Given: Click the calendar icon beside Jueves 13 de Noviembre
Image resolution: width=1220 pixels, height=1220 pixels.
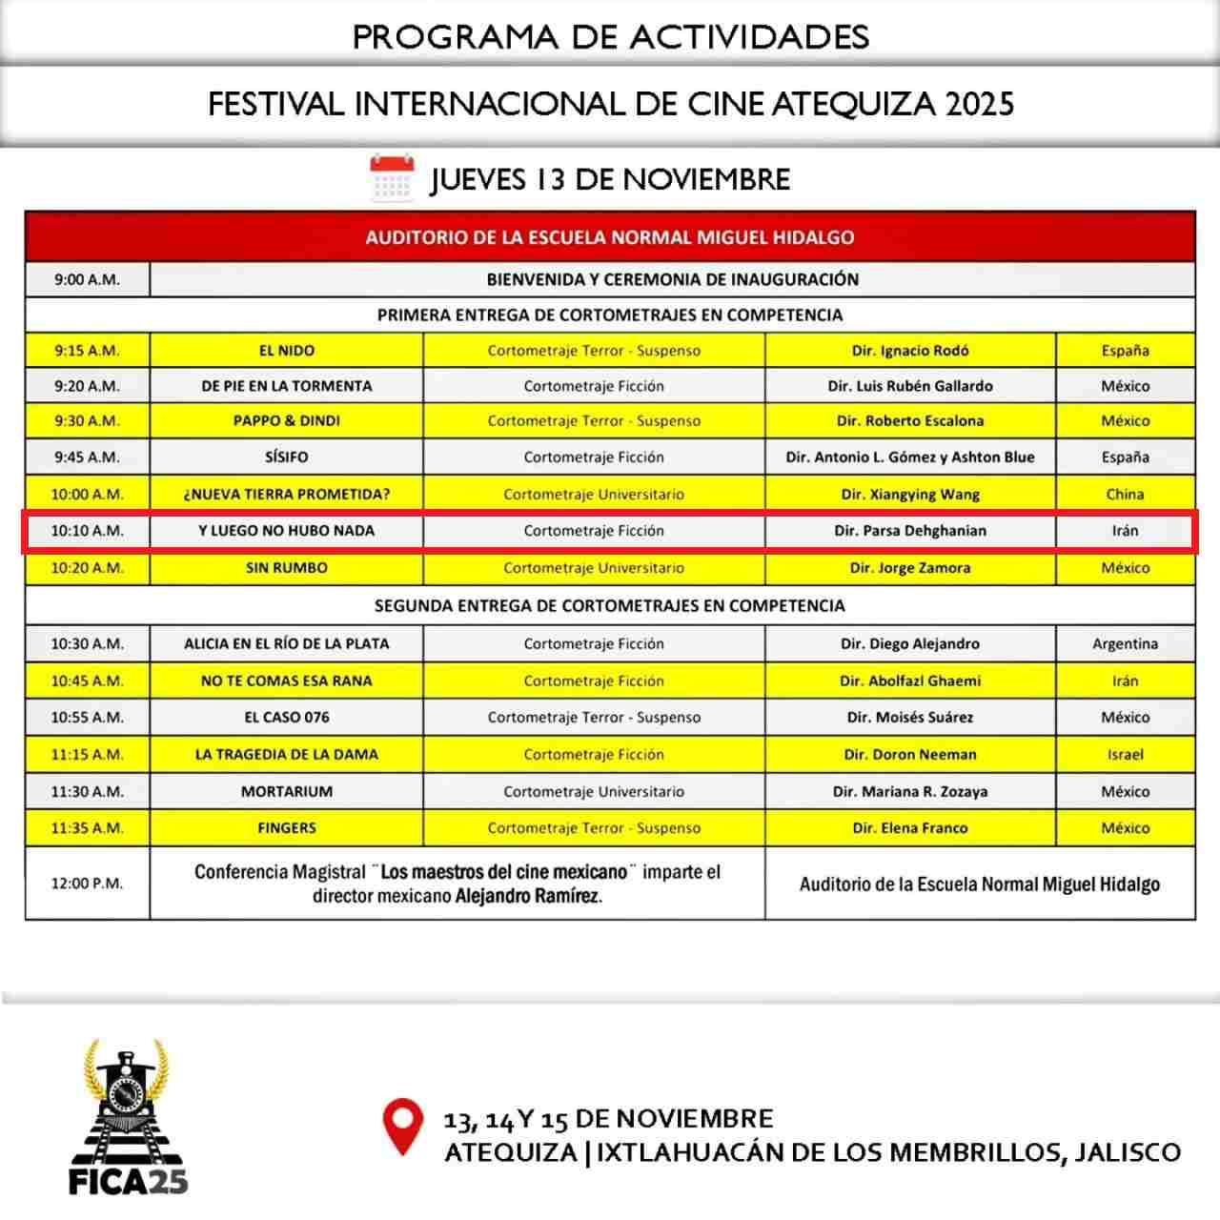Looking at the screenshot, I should click(x=392, y=177).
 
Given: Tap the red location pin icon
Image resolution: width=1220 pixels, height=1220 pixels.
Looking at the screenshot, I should click(x=402, y=1126).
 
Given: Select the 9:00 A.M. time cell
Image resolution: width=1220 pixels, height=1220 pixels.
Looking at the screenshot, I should click(x=87, y=280).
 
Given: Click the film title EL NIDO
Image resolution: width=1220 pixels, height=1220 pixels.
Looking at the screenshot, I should click(x=287, y=351).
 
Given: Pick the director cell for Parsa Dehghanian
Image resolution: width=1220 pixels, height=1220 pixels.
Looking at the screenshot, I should click(x=910, y=531).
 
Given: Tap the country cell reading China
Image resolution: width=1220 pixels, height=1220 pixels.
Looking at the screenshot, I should click(x=1125, y=494).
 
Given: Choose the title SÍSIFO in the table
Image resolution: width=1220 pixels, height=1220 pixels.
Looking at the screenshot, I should click(x=287, y=457).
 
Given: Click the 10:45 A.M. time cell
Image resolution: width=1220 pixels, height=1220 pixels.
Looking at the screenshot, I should click(x=87, y=681).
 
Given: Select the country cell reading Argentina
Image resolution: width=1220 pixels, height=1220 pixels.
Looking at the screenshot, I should click(x=1125, y=643).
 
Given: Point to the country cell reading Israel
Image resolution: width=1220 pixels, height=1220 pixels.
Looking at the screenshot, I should click(x=1125, y=754).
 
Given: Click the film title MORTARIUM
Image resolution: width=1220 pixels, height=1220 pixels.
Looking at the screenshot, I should click(x=287, y=791).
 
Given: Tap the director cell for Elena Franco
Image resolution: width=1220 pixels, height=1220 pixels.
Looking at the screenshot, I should click(x=910, y=828).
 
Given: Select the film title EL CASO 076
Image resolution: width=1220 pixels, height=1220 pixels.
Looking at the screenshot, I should click(x=287, y=717).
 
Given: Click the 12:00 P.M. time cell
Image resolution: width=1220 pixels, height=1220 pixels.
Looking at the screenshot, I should click(x=87, y=884).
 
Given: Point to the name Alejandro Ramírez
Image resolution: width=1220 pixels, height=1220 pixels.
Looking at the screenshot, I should click(x=527, y=897).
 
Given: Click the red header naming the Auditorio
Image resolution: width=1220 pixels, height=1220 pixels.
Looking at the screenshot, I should click(x=610, y=237).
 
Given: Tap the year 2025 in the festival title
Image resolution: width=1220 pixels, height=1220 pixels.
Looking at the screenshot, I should click(x=980, y=103).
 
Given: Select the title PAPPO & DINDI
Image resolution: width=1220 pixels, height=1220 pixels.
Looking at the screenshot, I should click(x=287, y=420).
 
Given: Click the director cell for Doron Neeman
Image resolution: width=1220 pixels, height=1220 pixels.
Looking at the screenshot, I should click(x=910, y=754).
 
